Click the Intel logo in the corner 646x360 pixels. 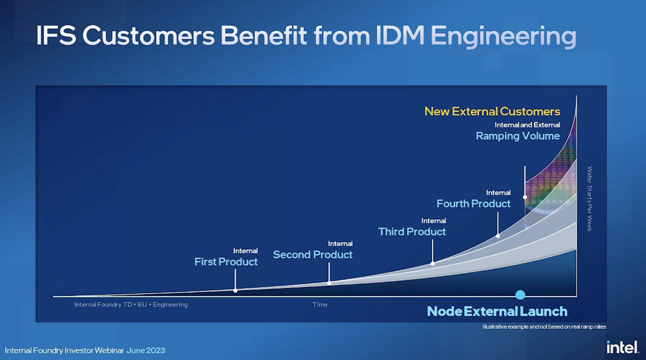[623, 347]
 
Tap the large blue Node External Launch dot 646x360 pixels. [520, 295]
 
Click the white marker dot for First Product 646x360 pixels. [235, 291]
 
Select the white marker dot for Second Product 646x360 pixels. [329, 283]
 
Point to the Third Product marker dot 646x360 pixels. [433, 264]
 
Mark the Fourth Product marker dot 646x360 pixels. [498, 236]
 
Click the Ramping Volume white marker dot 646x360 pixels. [525, 197]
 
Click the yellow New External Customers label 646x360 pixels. [492, 111]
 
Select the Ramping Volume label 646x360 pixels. [518, 136]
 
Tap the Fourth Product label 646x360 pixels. [474, 204]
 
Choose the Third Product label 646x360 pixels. [412, 232]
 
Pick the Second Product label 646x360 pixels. [313, 255]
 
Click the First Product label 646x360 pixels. [226, 262]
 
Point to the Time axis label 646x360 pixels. [320, 304]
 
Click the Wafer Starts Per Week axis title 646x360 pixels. [589, 199]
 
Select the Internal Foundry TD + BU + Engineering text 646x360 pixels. [131, 304]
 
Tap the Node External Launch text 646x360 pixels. [497, 311]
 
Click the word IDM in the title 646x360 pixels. [400, 36]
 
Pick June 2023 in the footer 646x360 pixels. [145, 350]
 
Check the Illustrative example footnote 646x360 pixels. [544, 327]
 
